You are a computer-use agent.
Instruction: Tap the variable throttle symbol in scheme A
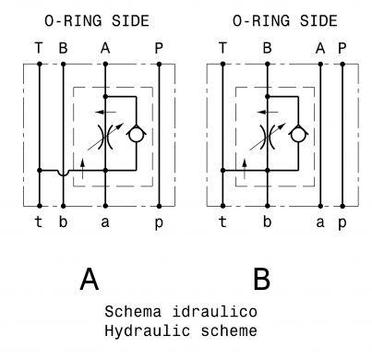click(x=105, y=138)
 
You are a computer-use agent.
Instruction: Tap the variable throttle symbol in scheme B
click(x=268, y=138)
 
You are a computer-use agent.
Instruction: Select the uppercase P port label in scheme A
click(x=159, y=48)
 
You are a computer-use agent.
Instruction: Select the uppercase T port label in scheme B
click(x=222, y=48)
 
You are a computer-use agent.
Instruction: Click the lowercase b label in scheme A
click(x=63, y=222)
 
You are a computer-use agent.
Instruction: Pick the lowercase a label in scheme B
click(x=320, y=222)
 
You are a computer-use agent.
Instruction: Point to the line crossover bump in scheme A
click(x=63, y=173)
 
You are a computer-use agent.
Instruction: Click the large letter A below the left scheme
click(x=90, y=279)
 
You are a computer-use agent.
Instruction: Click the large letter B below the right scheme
click(x=261, y=279)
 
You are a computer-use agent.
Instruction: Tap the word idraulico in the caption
click(x=214, y=311)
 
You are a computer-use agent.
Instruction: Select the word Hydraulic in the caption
click(x=147, y=331)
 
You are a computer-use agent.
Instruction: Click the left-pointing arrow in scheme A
click(x=105, y=112)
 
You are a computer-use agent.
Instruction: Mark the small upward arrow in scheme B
click(x=245, y=169)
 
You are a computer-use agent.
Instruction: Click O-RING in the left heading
click(x=73, y=21)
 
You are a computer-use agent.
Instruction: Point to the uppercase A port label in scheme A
click(x=105, y=48)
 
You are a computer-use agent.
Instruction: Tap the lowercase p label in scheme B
click(x=342, y=223)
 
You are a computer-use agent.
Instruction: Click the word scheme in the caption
click(x=229, y=331)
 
